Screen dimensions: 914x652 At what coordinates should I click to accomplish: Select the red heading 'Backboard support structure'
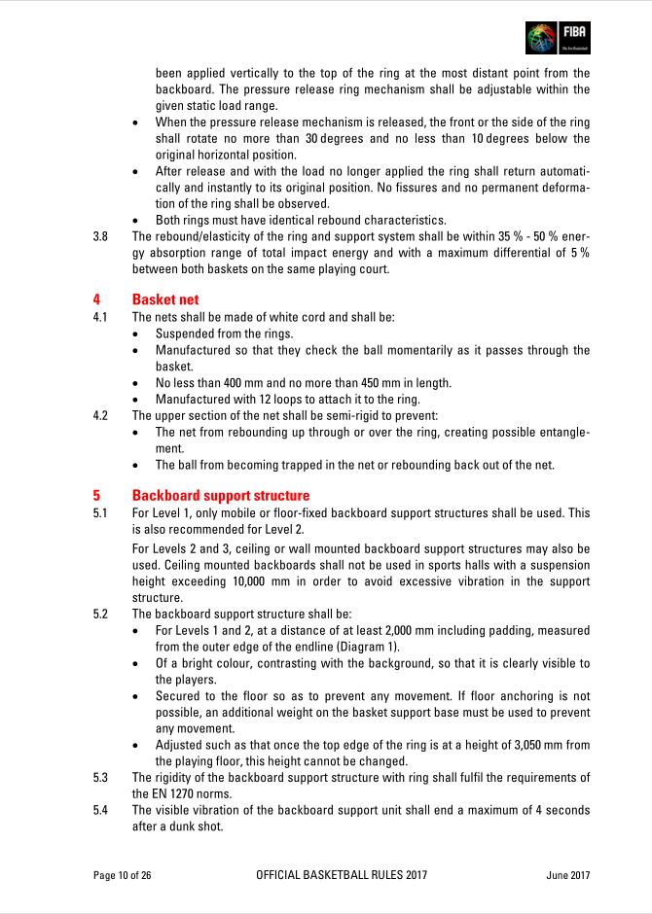(221, 495)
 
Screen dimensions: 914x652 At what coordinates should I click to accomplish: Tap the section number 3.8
(100, 235)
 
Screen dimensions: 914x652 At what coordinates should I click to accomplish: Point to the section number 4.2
(100, 414)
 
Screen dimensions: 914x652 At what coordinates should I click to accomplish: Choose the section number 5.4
(100, 810)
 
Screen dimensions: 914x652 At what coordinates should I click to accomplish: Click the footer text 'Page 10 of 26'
(123, 875)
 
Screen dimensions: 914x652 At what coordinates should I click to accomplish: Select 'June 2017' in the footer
(568, 875)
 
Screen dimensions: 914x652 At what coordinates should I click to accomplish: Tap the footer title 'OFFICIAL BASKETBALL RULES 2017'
(341, 875)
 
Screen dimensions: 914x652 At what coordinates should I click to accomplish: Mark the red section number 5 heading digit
(96, 495)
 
